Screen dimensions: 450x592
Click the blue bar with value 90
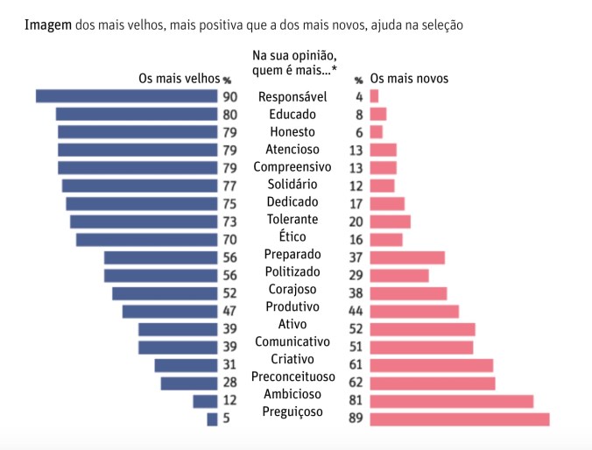pyautogui.click(x=126, y=96)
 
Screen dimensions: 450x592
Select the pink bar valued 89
pyautogui.click(x=460, y=419)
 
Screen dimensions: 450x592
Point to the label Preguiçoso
pyautogui.click(x=292, y=411)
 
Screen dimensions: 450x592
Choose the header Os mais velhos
pyautogui.click(x=179, y=79)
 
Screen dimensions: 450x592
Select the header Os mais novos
pyautogui.click(x=409, y=79)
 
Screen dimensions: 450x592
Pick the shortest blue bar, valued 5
pyautogui.click(x=212, y=419)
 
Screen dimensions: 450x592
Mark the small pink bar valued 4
pyautogui.click(x=374, y=96)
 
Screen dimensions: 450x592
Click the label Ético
pyautogui.click(x=292, y=236)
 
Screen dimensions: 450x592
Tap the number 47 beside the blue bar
pyautogui.click(x=230, y=311)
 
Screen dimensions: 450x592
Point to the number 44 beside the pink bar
pyautogui.click(x=356, y=311)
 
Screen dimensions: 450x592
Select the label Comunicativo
pyautogui.click(x=292, y=341)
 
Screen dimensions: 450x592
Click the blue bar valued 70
pyautogui.click(x=146, y=240)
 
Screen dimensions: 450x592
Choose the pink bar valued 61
pyautogui.click(x=431, y=365)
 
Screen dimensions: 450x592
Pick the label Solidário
pyautogui.click(x=292, y=184)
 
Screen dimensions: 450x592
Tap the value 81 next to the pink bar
pyautogui.click(x=356, y=401)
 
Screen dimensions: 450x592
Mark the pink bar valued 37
pyautogui.click(x=407, y=257)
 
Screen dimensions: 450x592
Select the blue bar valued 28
pyautogui.click(x=188, y=383)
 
